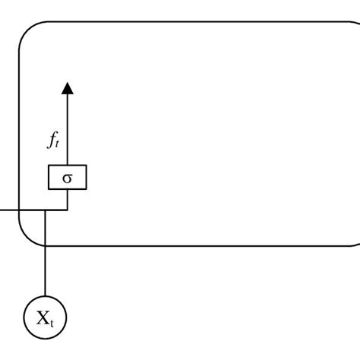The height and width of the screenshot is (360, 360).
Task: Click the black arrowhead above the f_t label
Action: coord(68,89)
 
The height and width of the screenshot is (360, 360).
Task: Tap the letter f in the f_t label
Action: coord(52,140)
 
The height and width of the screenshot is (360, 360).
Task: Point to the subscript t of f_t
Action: coord(57,144)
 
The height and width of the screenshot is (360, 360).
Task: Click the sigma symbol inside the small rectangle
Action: coord(68,178)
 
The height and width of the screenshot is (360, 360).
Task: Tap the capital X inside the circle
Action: coord(43,317)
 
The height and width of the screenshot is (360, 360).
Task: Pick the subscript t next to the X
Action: coord(52,324)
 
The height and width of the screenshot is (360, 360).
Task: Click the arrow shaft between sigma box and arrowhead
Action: coord(68,129)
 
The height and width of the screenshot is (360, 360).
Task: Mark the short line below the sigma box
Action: coord(68,200)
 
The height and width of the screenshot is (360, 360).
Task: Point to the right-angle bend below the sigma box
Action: coord(68,210)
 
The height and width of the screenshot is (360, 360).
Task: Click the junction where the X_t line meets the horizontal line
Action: coord(45,210)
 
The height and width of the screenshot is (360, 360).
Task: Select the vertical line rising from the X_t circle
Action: coord(45,253)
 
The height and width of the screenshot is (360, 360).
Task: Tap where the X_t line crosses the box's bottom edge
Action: coord(45,245)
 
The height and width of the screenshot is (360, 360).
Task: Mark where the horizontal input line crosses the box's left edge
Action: coord(20,210)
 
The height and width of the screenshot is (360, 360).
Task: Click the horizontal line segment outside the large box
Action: coord(10,210)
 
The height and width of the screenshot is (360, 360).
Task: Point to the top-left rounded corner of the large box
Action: coord(27,30)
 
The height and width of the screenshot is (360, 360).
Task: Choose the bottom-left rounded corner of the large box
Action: coord(27,238)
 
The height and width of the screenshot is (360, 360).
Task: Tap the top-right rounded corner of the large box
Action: coord(355,23)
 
